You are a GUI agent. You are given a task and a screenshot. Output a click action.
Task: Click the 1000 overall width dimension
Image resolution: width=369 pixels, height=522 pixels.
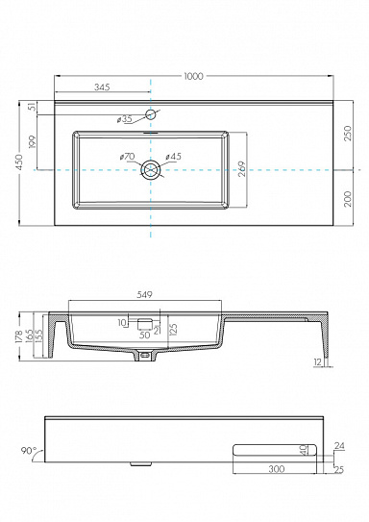point(193,78)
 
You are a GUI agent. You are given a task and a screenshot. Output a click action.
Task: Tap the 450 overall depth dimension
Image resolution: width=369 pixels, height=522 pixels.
point(21,164)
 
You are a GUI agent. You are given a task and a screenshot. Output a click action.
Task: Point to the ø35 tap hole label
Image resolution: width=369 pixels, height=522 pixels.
point(124,120)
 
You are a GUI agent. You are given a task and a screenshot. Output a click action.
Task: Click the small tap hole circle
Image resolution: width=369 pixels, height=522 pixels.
point(151,114)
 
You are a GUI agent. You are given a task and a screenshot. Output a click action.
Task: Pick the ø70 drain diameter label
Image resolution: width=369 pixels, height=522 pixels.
point(127,157)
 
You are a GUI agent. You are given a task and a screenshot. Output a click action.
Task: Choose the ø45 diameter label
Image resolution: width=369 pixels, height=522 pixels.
point(174,157)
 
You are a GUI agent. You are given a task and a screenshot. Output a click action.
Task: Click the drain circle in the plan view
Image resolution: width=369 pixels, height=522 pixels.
point(151,170)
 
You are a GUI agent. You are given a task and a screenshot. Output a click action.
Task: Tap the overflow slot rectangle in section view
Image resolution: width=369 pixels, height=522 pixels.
point(145,324)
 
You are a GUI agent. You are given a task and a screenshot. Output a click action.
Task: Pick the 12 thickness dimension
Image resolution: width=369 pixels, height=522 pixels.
point(316,361)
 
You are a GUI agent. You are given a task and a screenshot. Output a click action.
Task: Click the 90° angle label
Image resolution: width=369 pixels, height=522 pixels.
point(30,449)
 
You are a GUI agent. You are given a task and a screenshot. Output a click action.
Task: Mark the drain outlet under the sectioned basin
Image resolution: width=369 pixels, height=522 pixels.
point(145,356)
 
